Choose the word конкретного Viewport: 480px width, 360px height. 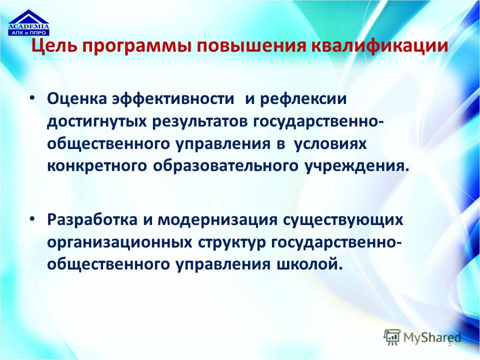point(97,166)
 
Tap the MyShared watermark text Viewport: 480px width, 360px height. point(432,337)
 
